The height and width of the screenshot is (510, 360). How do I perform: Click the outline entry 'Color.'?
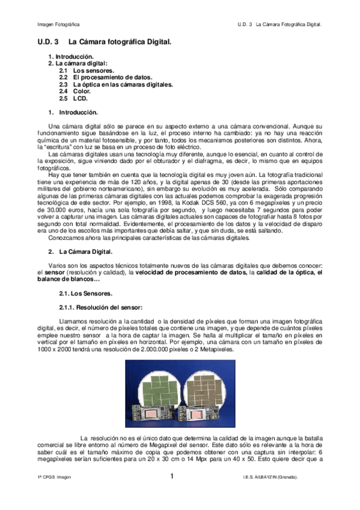(82, 91)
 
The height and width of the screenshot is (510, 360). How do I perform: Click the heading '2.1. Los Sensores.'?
(85, 294)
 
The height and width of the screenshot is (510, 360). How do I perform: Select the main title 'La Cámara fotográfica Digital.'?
(120, 42)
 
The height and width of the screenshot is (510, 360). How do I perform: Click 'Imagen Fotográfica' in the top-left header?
(58, 25)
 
